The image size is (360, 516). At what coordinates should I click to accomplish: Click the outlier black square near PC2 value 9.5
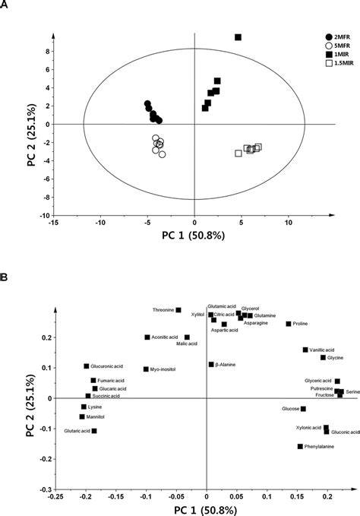point(238,37)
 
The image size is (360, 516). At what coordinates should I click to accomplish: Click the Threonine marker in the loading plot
point(178,310)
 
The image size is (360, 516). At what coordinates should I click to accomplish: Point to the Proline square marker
point(289,324)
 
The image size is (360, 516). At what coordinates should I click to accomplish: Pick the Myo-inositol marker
point(146,369)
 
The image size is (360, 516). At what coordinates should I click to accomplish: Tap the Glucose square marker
point(303,409)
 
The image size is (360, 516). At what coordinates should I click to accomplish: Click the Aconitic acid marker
point(147,337)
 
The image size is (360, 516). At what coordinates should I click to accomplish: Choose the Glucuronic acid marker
point(87,366)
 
